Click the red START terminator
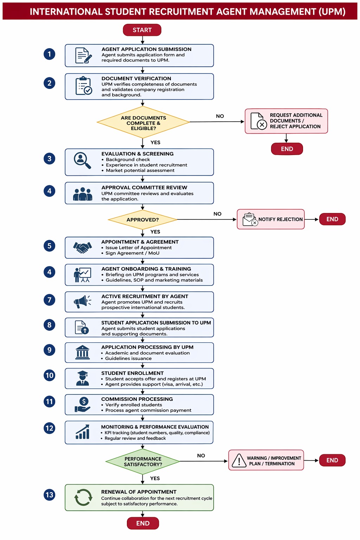click(142, 30)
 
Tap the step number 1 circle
click(50, 54)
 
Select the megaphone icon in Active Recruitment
click(82, 301)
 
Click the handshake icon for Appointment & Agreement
click(83, 247)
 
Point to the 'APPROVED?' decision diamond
click(142, 220)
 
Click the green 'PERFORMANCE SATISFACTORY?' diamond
click(143, 461)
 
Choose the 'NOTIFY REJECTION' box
click(271, 219)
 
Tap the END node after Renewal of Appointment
click(143, 523)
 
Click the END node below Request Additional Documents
click(287, 149)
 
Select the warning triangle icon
click(239, 461)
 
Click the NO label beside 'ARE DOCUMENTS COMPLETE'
click(220, 116)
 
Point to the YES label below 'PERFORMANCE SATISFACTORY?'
click(155, 478)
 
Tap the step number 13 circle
click(50, 495)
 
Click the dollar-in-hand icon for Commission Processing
click(82, 405)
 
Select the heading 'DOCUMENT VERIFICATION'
click(136, 79)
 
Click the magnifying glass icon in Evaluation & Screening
click(82, 160)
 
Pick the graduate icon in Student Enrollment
click(83, 378)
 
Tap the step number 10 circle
click(50, 375)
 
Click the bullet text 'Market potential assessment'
click(140, 171)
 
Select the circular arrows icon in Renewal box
click(83, 497)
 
